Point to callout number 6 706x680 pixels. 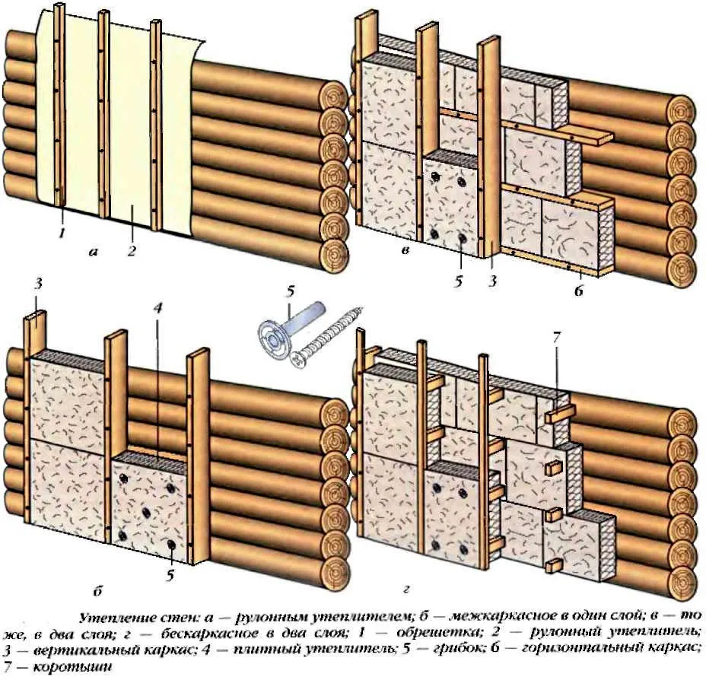click(580, 291)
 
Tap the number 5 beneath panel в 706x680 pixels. click(459, 281)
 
